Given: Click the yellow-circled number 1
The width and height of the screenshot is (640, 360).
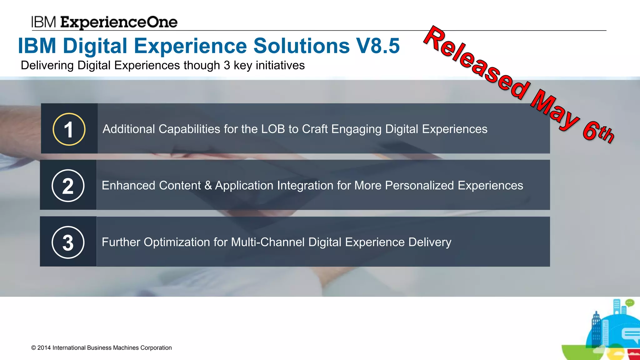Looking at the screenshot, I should [x=69, y=129].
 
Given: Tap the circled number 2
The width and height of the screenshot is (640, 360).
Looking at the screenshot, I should [x=68, y=186].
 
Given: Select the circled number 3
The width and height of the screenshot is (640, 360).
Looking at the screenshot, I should [x=68, y=242].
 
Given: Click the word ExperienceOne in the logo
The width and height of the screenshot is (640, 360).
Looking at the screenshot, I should [x=119, y=22].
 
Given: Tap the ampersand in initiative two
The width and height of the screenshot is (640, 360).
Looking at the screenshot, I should [x=208, y=186].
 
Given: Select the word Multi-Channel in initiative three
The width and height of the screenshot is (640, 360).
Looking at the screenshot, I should [x=267, y=242].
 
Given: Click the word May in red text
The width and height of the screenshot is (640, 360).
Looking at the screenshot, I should [x=555, y=109].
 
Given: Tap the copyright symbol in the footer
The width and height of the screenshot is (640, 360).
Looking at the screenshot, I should [x=33, y=348].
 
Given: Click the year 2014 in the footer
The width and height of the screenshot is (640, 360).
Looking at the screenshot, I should [x=44, y=348].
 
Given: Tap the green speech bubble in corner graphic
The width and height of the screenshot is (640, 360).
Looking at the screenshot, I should [x=630, y=302].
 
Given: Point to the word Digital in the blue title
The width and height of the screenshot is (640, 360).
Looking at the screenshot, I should [x=95, y=46].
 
